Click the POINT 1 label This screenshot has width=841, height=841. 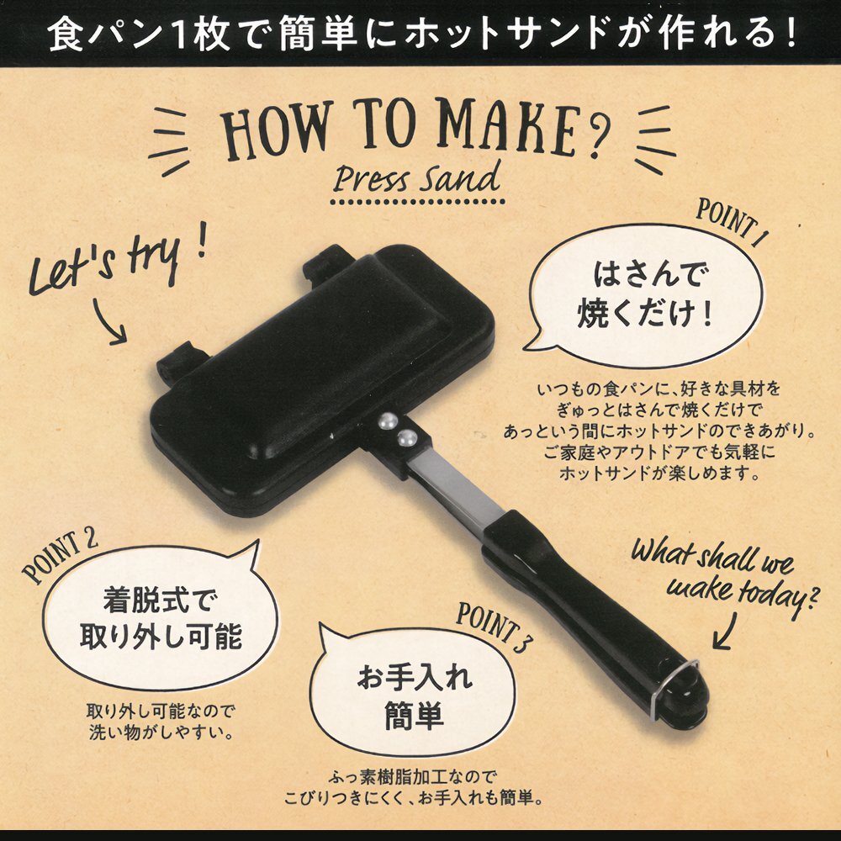732,223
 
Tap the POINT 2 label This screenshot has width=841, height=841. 60,557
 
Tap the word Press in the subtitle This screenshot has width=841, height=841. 370,179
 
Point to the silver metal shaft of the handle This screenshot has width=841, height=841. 453,488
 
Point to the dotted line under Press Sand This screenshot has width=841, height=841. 417,202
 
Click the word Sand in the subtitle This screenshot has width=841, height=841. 459,177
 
